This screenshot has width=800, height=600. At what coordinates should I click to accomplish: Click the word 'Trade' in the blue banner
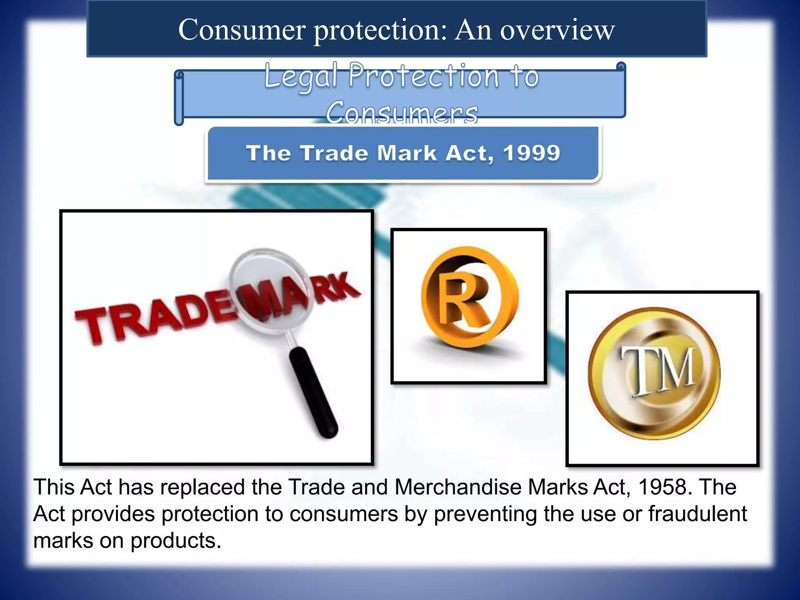334,153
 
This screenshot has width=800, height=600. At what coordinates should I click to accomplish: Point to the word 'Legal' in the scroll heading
301,76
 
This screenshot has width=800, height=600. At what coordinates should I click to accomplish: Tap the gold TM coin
654,373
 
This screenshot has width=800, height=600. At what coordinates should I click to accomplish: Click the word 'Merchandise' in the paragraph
457,487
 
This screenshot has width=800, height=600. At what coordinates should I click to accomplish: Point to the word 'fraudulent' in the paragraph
698,514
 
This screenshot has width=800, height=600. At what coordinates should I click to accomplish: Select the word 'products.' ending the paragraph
176,541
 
